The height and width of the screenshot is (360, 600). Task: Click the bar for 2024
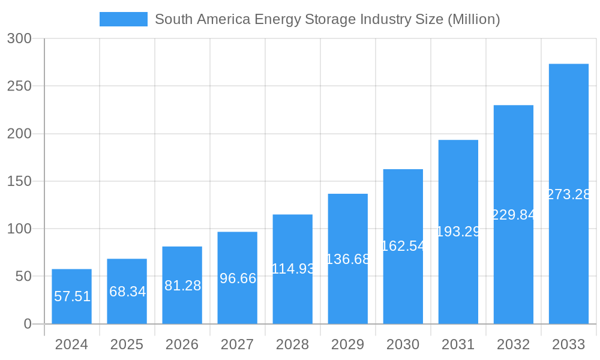[x=71, y=296]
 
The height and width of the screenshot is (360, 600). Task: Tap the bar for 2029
[x=347, y=259]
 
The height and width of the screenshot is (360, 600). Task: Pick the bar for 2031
[x=458, y=232]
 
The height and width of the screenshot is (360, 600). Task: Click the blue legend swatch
[x=123, y=19]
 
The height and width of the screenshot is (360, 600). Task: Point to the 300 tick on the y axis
[x=19, y=38]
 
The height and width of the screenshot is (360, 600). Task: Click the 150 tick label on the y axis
[x=19, y=181]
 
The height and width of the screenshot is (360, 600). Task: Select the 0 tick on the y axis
[x=28, y=324]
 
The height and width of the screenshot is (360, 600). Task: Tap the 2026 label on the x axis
[x=182, y=344]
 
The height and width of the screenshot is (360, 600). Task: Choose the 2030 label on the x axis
[x=403, y=344]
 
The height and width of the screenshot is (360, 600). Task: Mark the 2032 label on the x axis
[x=513, y=344]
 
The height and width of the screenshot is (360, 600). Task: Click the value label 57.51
[x=72, y=296]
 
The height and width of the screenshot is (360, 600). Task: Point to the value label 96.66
[x=238, y=278]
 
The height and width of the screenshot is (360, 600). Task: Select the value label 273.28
[x=569, y=194]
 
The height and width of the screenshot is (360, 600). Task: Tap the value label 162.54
[x=403, y=246]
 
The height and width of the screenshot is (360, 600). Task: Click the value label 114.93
[x=293, y=269]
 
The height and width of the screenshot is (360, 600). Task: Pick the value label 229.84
[x=514, y=215]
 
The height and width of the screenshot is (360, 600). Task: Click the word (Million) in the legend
[x=473, y=19]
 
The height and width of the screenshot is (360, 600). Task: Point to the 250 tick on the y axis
[x=19, y=86]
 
